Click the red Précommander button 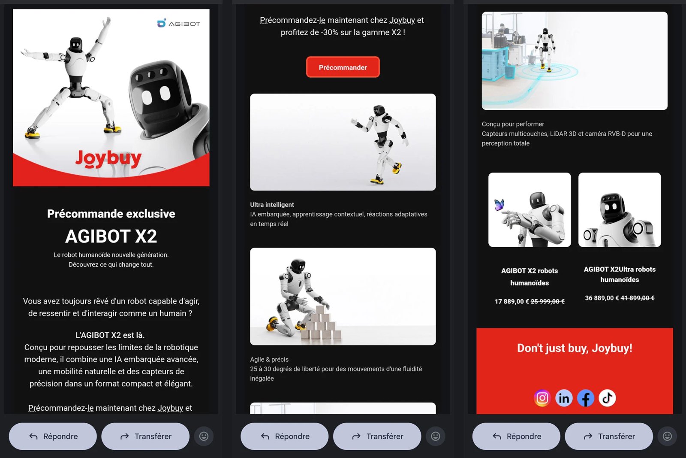[x=343, y=67]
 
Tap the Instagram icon [x=542, y=398]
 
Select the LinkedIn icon [x=564, y=398]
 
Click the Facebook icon [x=586, y=398]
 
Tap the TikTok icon [x=607, y=398]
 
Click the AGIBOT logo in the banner [x=178, y=23]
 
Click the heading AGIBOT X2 [x=111, y=236]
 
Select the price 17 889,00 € [x=512, y=301]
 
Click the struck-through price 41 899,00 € [x=638, y=298]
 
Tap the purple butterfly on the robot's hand [x=499, y=204]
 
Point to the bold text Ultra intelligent [x=272, y=205]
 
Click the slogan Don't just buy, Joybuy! [x=575, y=348]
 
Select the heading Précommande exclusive [x=111, y=214]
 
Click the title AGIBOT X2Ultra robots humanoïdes [x=620, y=274]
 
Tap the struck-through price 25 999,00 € [x=548, y=301]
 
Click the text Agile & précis [x=269, y=359]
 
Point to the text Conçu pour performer [x=513, y=124]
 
